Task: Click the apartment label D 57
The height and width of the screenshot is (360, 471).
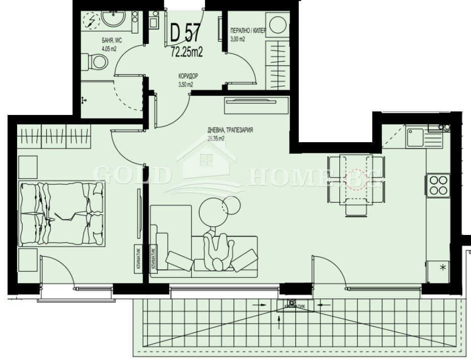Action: pyautogui.click(x=185, y=33)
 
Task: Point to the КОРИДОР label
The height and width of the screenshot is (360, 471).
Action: pyautogui.click(x=188, y=76)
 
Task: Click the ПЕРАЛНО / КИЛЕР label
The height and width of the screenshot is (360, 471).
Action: pyautogui.click(x=247, y=31)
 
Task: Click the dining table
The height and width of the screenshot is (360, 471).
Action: pyautogui.click(x=355, y=184)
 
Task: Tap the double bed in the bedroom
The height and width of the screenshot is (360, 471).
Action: pyautogui.click(x=61, y=213)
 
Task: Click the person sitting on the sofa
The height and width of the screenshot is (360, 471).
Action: pyautogui.click(x=218, y=249)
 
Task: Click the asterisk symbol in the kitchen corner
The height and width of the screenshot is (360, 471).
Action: pyautogui.click(x=443, y=267)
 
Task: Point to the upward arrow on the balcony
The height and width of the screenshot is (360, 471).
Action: pyautogui.click(x=280, y=322)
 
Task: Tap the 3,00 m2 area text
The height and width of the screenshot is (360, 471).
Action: pyautogui.click(x=237, y=39)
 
